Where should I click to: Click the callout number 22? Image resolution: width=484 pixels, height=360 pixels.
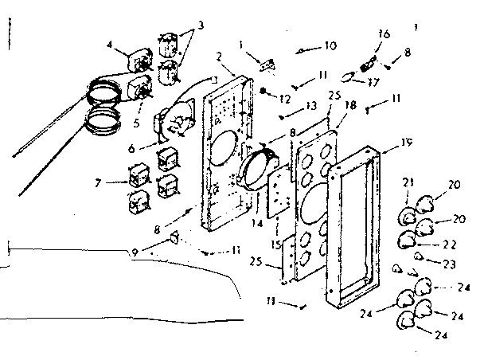451,245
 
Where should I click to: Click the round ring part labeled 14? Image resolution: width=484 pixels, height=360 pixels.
260,166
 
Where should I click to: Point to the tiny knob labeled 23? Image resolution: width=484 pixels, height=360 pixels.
419,256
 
